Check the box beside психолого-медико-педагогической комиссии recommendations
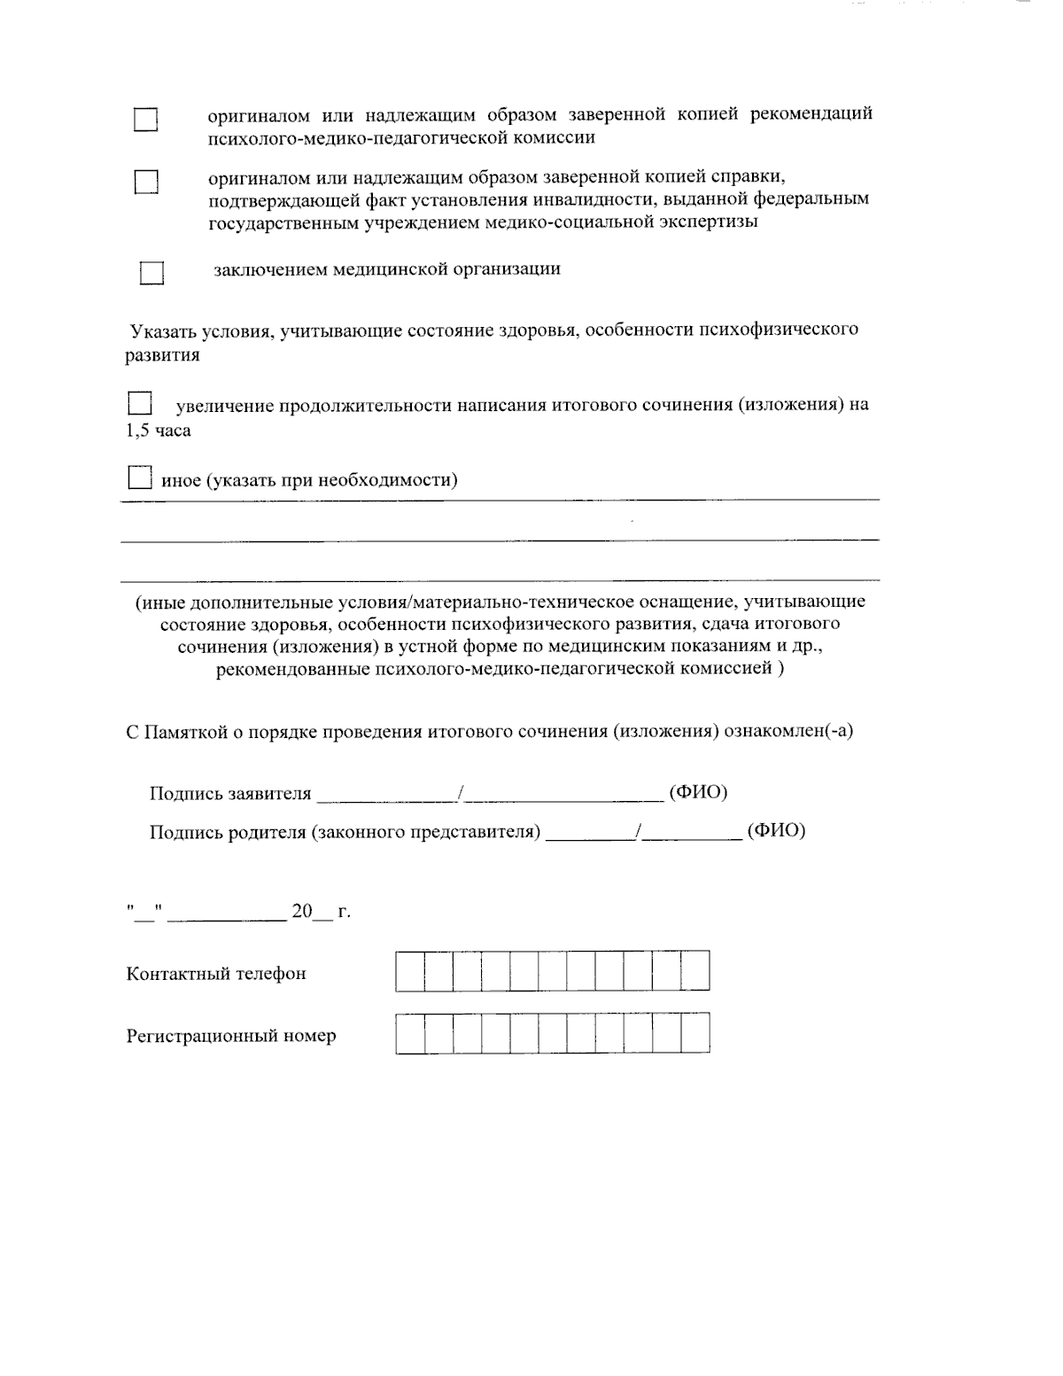coord(145,120)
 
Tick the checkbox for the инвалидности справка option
coord(145,182)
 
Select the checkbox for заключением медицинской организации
coord(151,273)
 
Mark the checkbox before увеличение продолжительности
coord(140,404)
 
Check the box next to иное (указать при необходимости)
coord(139,478)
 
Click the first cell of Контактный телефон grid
coord(409,970)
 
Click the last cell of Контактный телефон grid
coord(695,970)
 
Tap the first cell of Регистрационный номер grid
coord(409,1033)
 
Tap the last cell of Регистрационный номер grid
coord(695,1033)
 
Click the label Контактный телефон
coord(216,974)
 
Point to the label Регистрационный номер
coord(231,1036)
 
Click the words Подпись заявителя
coord(230,794)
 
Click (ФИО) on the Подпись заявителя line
coord(698,792)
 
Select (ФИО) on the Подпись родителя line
coord(776,831)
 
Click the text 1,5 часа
coord(158,431)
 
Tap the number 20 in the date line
coord(302,912)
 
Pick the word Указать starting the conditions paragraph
coord(162,331)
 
